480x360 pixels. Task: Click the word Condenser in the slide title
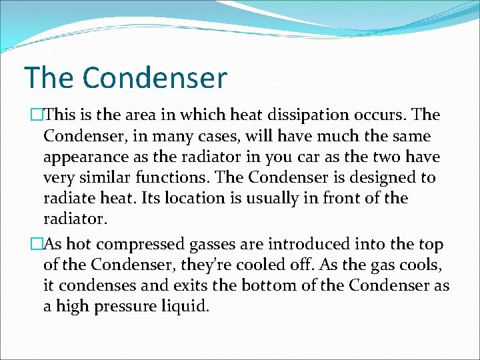point(155,78)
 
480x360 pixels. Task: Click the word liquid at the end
point(190,307)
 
